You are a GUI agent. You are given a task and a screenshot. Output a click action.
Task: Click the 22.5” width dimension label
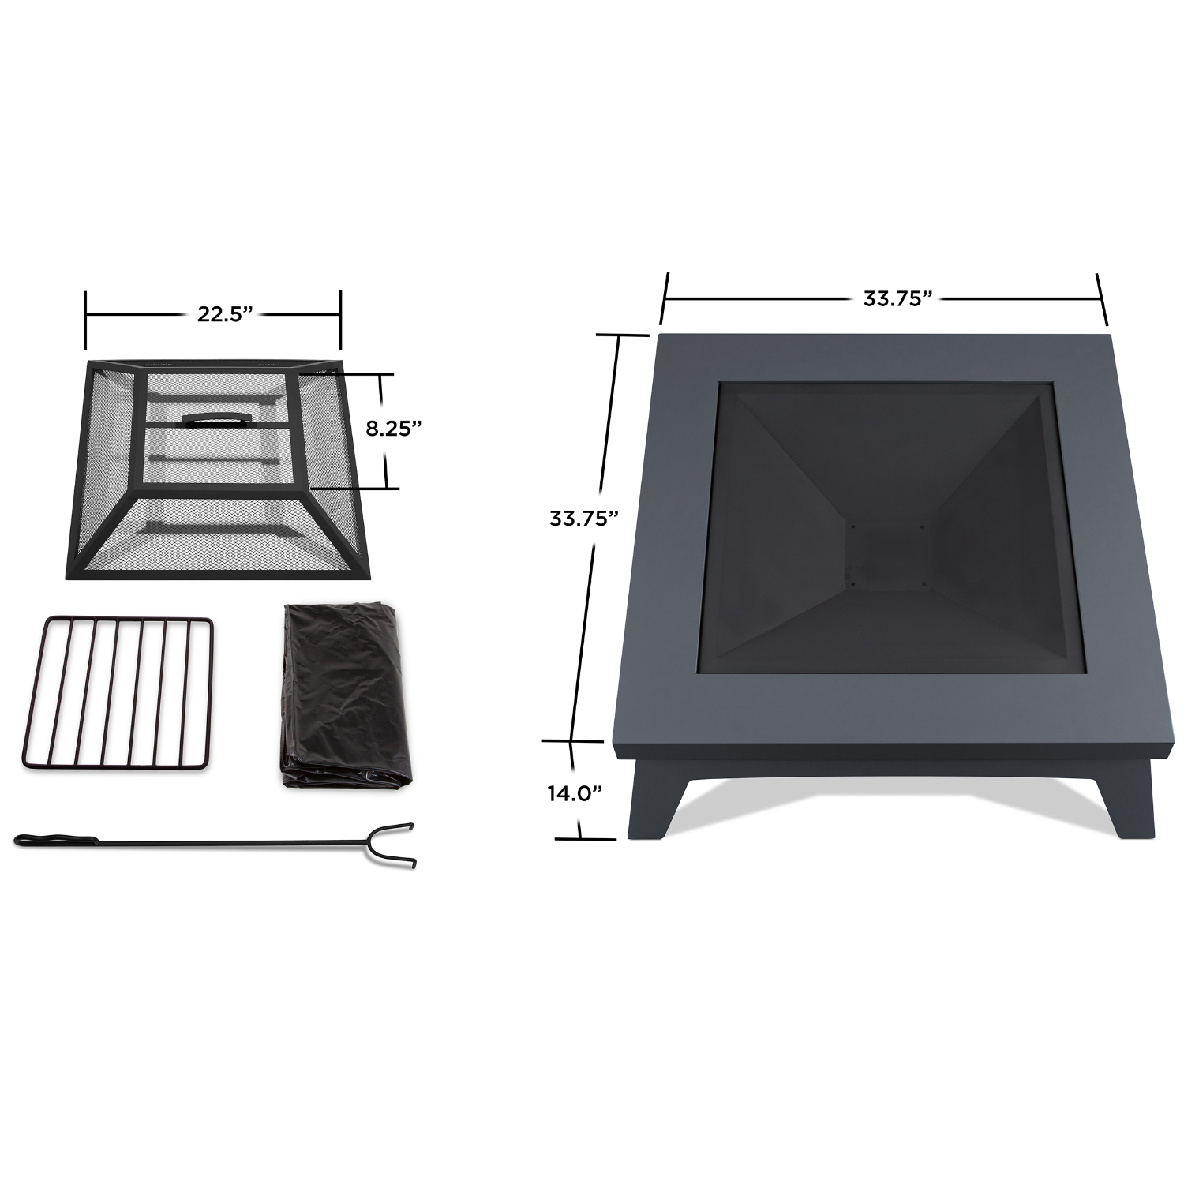pyautogui.click(x=225, y=314)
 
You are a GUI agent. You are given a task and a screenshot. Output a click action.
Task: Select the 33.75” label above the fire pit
pyautogui.click(x=898, y=298)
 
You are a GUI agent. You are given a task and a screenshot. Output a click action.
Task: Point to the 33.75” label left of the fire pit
pyautogui.click(x=583, y=519)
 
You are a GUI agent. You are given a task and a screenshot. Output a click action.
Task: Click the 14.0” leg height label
pyautogui.click(x=575, y=793)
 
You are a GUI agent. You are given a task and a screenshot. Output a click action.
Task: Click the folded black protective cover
pyautogui.click(x=344, y=695)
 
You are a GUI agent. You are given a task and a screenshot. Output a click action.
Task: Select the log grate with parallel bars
pyautogui.click(x=118, y=692)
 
